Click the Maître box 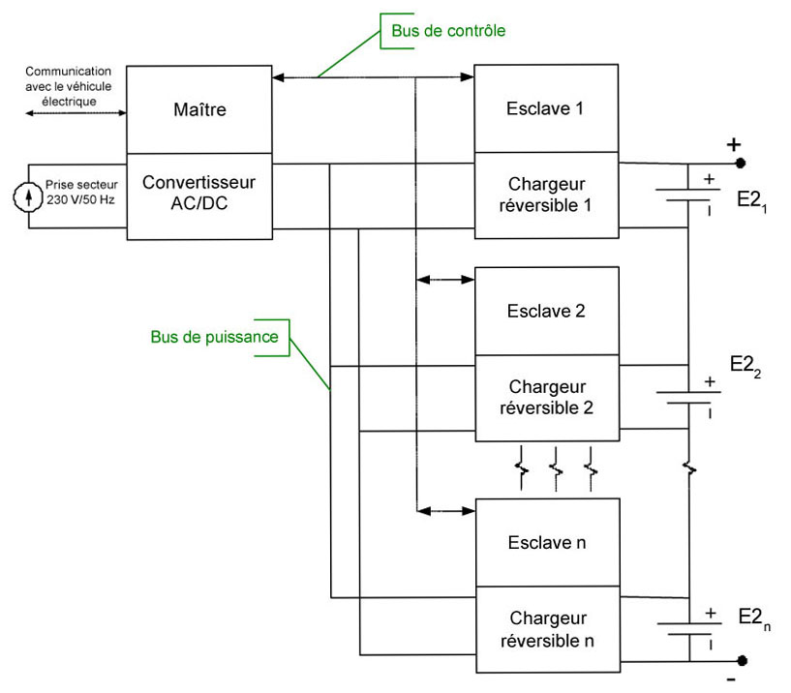coord(198,109)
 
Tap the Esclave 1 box coord(545,107)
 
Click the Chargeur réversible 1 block coord(545,195)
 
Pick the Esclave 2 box coord(545,311)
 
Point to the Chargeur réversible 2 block coord(545,397)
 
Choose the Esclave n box coord(545,542)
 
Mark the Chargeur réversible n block coord(545,629)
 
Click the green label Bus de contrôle coord(448,31)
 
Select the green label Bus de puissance coord(214,337)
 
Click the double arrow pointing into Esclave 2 coord(444,280)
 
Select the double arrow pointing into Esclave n coord(444,510)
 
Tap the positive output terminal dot coord(741,163)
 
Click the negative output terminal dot coord(741,661)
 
